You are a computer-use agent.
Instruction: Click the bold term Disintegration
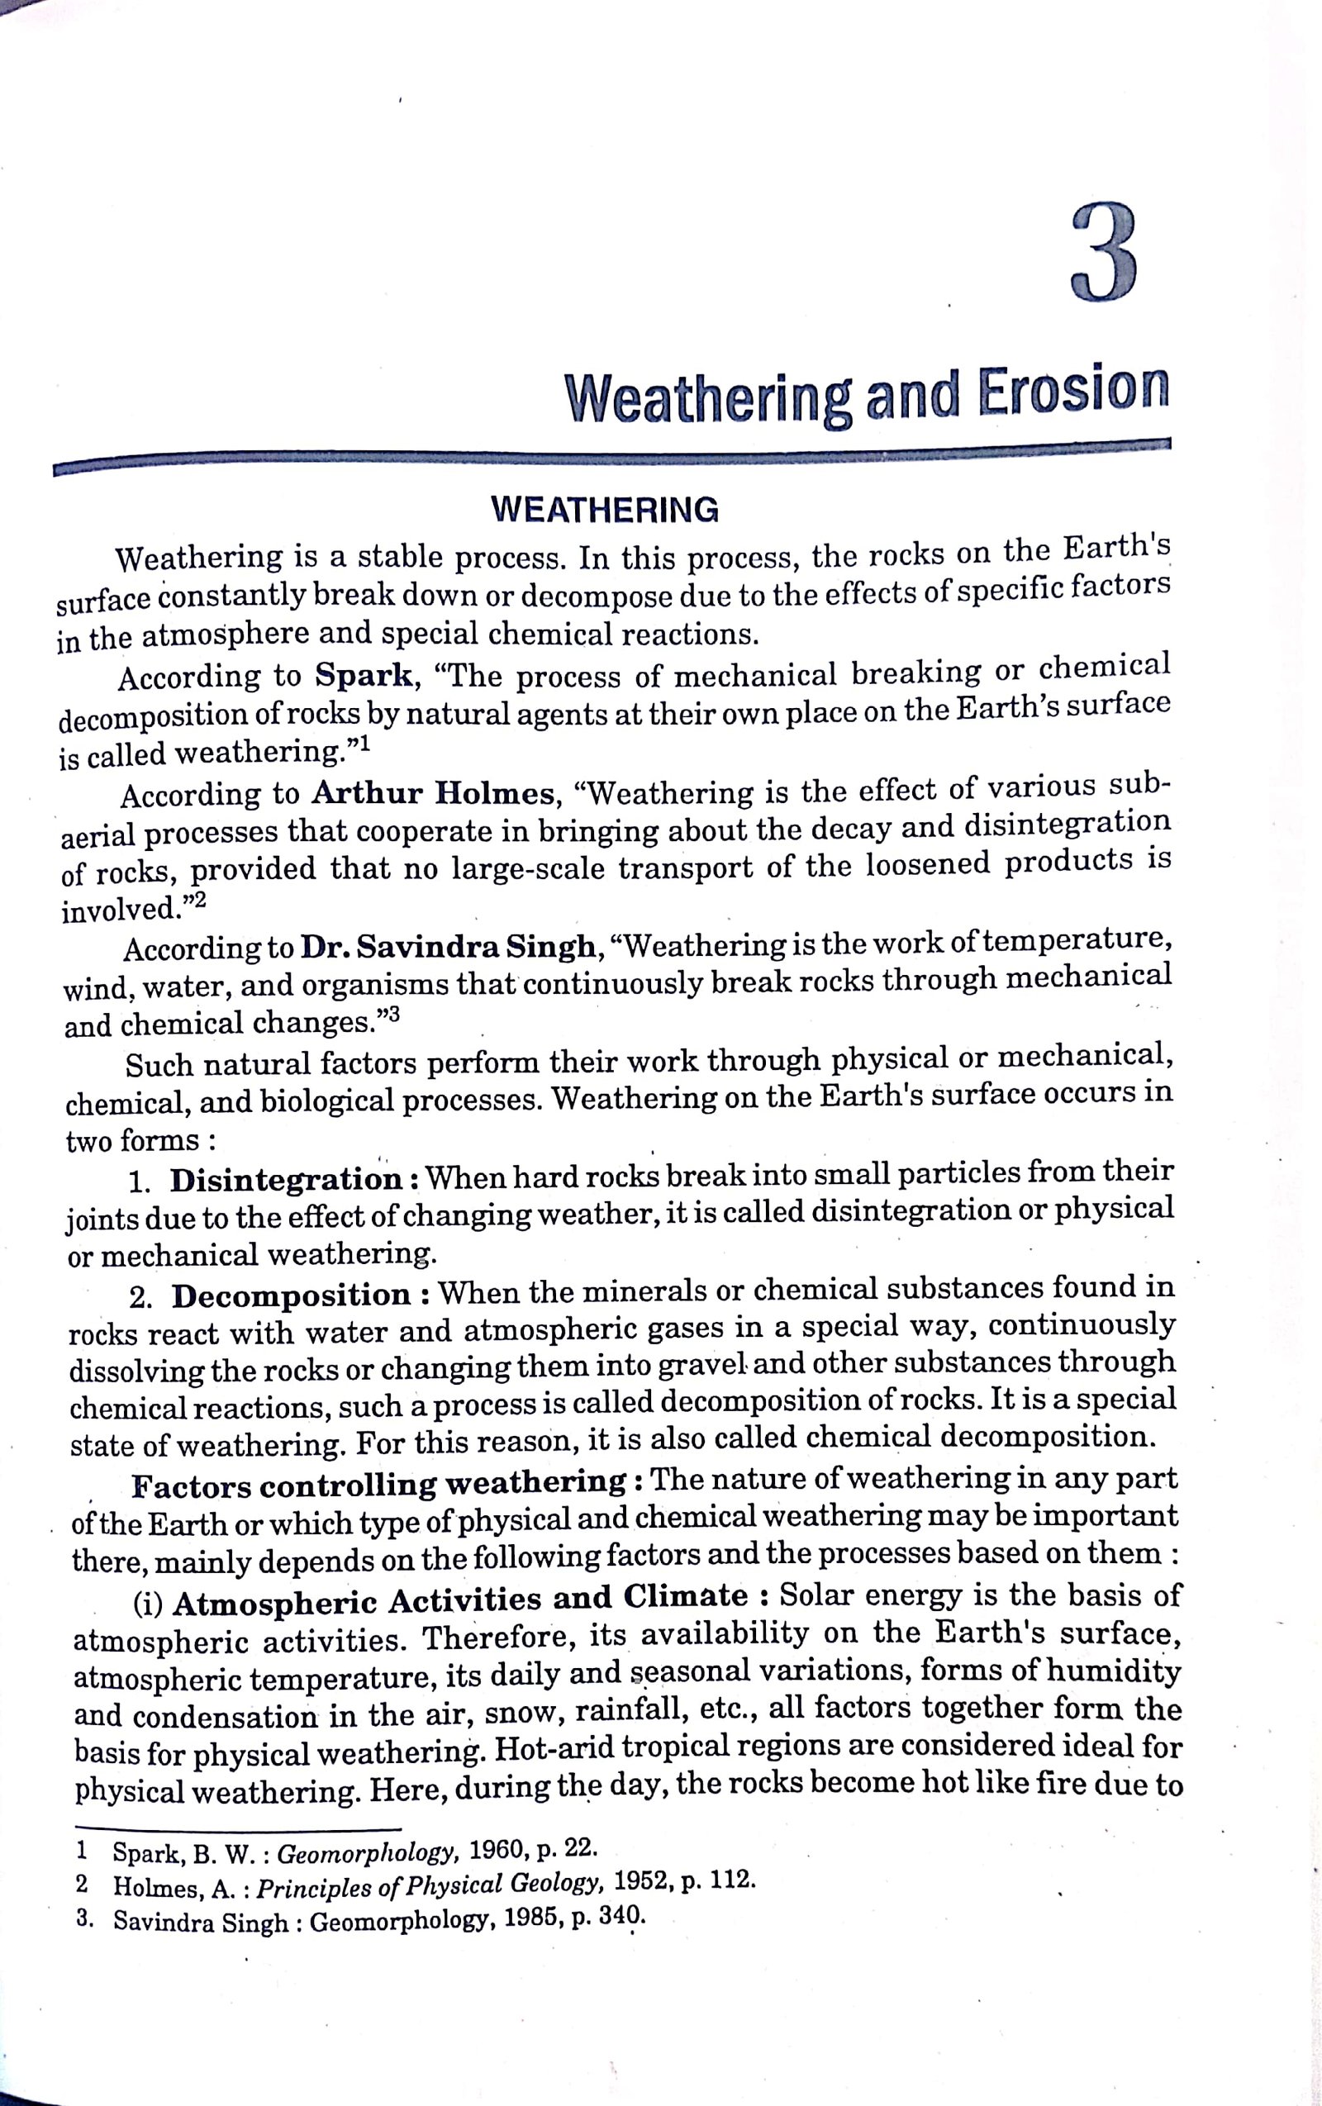(285, 1179)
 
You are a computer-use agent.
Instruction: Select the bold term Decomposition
(291, 1295)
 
